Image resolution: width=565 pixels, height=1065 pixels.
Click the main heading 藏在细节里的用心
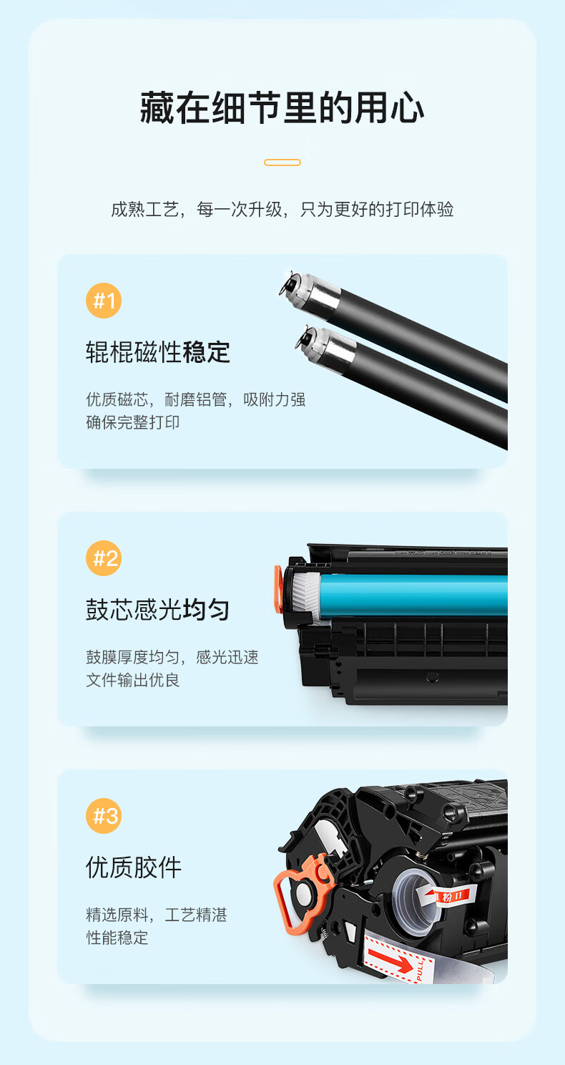tap(282, 108)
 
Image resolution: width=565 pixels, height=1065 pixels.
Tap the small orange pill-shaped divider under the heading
tap(282, 162)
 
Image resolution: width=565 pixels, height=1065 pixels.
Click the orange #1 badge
tap(104, 301)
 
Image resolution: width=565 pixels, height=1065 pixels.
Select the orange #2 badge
tap(104, 558)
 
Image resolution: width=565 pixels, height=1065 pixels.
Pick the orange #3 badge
tap(104, 816)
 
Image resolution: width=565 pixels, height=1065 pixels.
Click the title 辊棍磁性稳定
tap(158, 352)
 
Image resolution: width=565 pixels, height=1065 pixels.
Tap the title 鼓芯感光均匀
tap(158, 610)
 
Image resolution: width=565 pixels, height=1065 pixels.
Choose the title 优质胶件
tap(134, 867)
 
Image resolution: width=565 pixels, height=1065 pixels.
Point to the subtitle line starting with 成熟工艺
tap(282, 209)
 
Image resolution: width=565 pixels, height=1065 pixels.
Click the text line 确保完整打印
tap(132, 422)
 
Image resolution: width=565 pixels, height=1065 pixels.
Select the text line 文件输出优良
tap(132, 680)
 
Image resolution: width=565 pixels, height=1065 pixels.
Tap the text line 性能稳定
tap(117, 938)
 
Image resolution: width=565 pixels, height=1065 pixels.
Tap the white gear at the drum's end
tap(306, 597)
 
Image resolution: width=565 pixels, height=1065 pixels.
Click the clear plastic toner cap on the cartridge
tap(414, 902)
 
